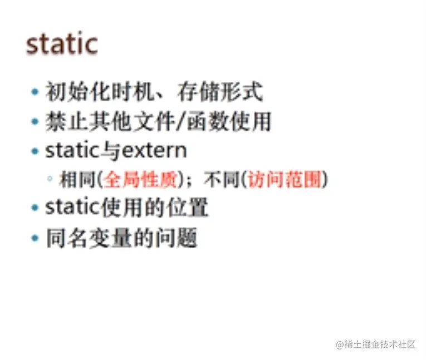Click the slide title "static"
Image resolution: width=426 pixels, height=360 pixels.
tap(62, 44)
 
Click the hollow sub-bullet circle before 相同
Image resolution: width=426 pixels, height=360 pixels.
tap(50, 180)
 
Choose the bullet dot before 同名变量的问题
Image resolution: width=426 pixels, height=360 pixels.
tap(35, 238)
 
